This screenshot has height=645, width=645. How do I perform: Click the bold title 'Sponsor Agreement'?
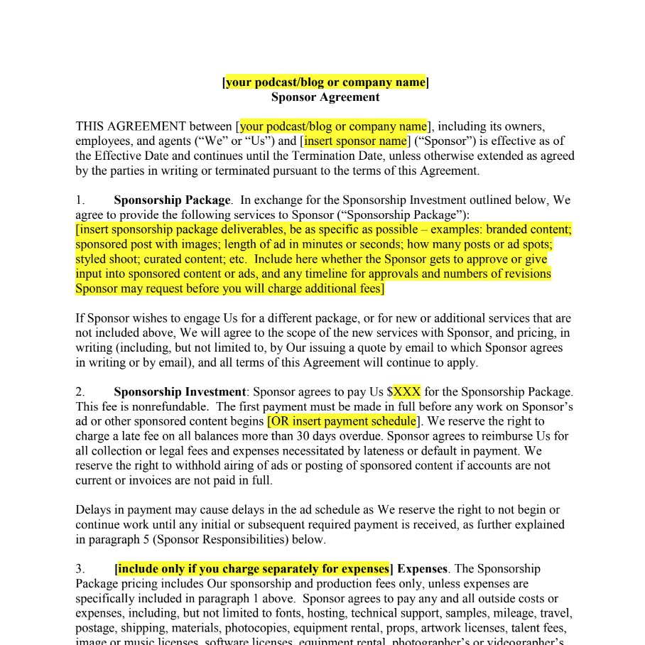[325, 97]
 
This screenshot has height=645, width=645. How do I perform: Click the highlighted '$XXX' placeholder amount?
[407, 391]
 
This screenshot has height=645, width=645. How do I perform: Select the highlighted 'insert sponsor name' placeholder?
[356, 141]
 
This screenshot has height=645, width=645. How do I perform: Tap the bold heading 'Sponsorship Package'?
[172, 200]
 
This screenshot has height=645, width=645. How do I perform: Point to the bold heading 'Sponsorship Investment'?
[180, 391]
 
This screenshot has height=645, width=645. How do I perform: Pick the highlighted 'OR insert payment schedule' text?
[342, 421]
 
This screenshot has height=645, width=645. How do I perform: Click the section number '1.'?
[80, 200]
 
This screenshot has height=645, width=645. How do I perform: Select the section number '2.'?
[80, 391]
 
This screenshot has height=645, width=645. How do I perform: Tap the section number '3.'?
[80, 569]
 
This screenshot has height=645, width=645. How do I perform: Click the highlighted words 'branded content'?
[528, 229]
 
